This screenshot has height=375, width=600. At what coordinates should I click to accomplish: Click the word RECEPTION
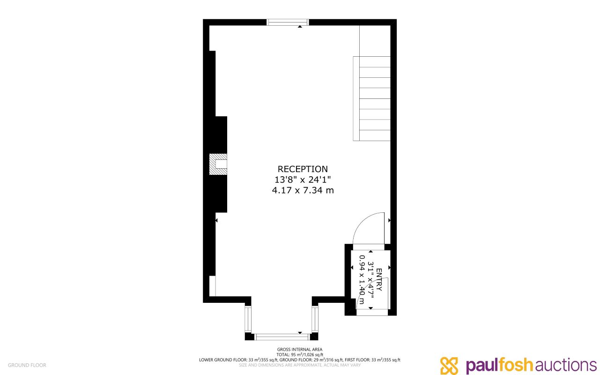(303, 169)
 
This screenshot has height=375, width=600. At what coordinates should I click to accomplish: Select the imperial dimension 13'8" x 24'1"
(303, 180)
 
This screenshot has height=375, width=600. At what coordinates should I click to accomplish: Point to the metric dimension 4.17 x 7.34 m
(303, 190)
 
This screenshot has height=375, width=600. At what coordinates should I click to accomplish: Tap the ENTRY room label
(379, 279)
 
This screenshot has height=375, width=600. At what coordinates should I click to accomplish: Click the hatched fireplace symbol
(217, 164)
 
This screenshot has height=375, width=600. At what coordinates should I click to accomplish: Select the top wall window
(288, 22)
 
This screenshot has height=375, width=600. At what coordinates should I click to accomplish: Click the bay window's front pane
(282, 337)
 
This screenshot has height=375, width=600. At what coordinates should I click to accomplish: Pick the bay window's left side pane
(248, 319)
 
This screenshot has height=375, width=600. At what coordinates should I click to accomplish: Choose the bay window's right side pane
(315, 319)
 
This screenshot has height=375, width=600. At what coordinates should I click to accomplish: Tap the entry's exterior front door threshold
(372, 312)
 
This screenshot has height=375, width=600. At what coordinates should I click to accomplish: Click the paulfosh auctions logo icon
(449, 366)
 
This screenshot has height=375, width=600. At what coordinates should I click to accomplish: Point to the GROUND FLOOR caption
(27, 365)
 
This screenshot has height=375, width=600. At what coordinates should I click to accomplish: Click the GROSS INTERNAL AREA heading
(299, 349)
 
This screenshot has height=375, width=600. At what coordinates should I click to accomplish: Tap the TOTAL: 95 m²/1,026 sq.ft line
(299, 355)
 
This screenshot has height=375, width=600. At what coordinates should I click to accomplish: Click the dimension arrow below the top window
(300, 27)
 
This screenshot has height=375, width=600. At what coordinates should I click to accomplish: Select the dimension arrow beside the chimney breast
(216, 219)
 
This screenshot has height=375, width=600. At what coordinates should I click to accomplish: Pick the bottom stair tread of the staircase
(374, 135)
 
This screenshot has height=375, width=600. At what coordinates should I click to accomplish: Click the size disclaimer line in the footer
(299, 365)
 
